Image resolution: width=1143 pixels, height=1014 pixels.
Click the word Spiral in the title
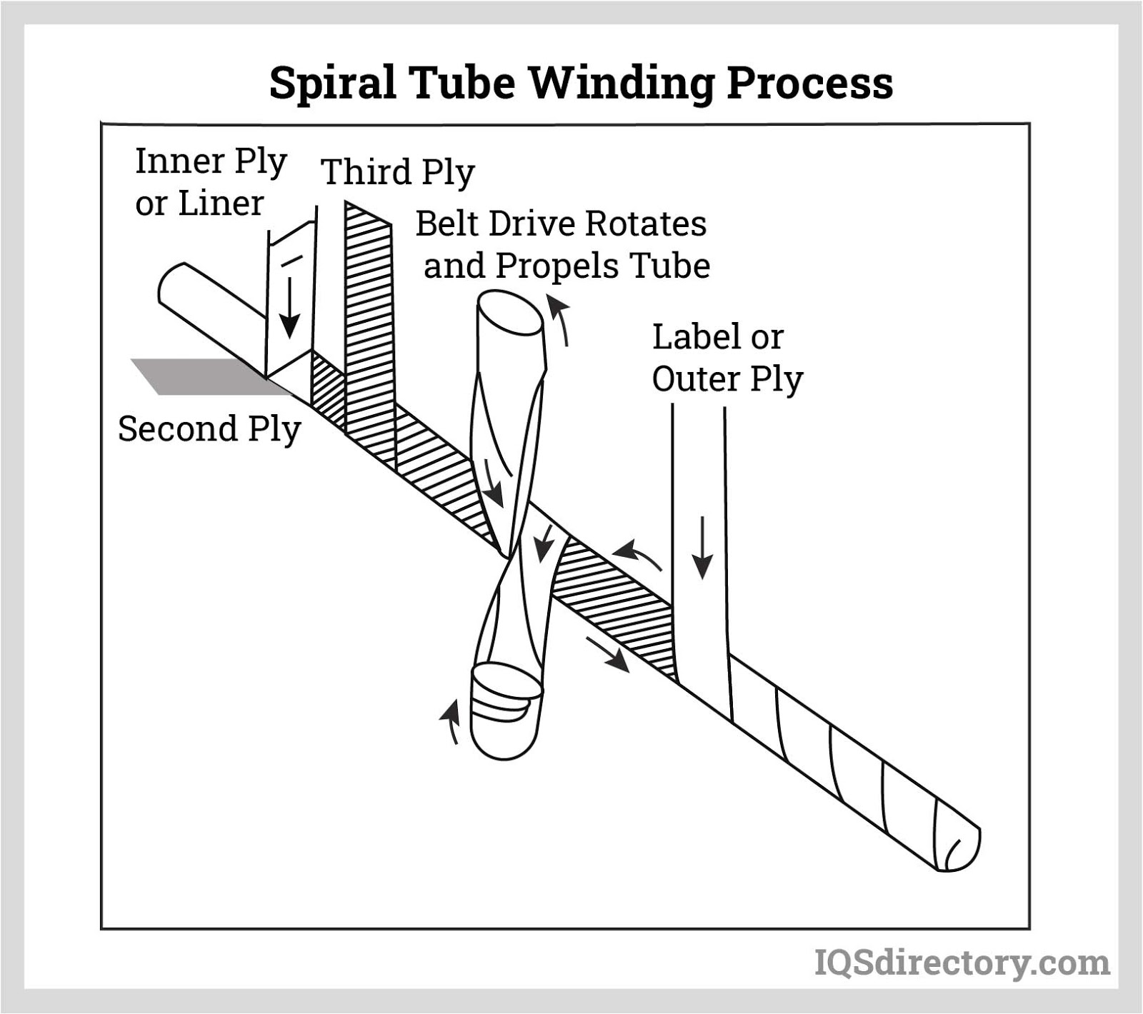point(331,84)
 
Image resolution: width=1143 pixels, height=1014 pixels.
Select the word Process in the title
point(809,84)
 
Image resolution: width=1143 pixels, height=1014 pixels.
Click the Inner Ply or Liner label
point(211,182)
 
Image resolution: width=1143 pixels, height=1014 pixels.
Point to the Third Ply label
point(398,172)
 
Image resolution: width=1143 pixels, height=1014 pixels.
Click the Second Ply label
point(209,429)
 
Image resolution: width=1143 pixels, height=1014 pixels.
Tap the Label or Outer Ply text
point(727,358)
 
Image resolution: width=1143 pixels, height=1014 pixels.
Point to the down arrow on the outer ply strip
point(703,547)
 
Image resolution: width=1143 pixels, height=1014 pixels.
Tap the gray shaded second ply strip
point(193,376)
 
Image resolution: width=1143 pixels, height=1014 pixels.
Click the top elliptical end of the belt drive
point(509,311)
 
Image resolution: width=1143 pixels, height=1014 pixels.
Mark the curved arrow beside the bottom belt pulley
point(450,721)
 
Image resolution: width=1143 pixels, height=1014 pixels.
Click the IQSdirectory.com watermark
point(962,963)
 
